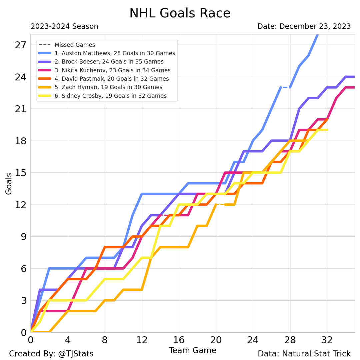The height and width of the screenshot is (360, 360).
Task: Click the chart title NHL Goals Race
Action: point(180,13)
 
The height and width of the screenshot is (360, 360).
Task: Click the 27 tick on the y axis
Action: point(21,45)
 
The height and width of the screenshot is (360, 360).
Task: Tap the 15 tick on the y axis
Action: point(21,173)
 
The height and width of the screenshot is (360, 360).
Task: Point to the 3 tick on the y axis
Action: point(23,301)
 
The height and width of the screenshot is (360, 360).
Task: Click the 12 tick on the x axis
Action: point(142,341)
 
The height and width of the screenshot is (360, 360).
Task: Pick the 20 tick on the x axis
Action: point(216,341)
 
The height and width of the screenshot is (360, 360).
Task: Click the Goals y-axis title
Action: point(9,183)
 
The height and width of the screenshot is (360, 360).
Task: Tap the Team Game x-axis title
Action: point(192,350)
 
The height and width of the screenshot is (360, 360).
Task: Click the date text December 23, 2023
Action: point(315,26)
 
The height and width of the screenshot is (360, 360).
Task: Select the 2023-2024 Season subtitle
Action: point(64,26)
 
